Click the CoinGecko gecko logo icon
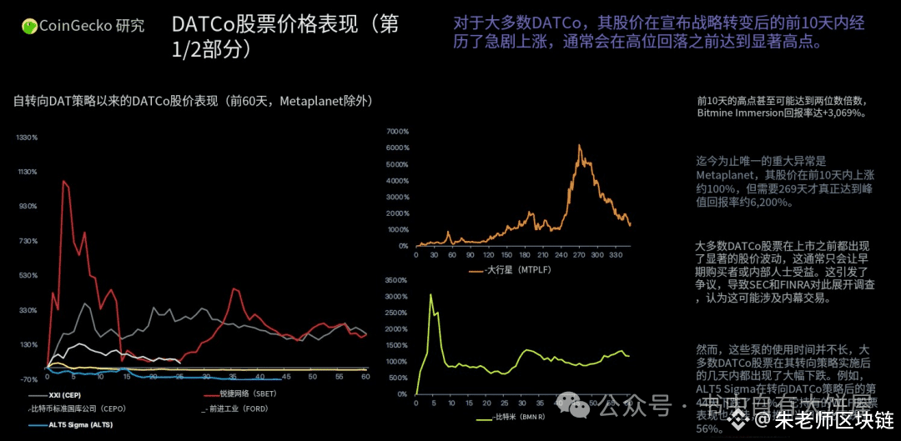29,27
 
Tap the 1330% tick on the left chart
28,137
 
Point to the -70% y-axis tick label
29,379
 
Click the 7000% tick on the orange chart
397,132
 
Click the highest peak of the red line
63,181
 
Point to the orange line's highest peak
579,146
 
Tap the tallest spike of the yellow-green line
431,294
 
